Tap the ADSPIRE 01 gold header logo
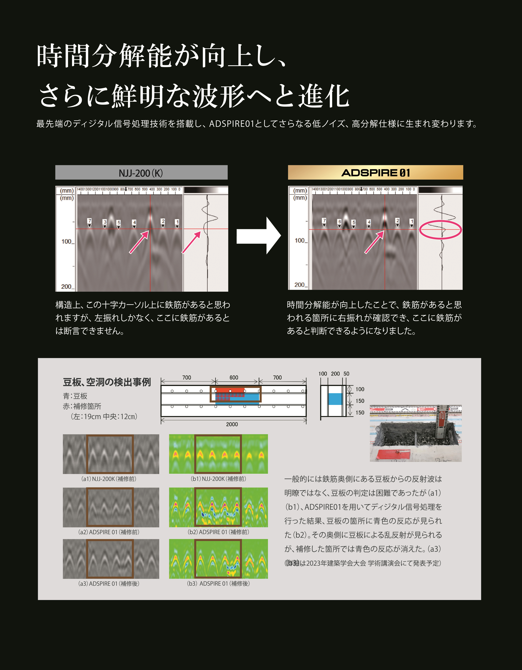(375, 173)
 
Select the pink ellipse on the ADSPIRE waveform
(440, 229)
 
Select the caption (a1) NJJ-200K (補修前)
(109, 479)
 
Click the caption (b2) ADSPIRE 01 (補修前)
(218, 532)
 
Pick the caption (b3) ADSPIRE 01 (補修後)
(218, 583)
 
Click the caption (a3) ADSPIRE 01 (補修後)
(109, 583)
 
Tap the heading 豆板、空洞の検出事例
(107, 382)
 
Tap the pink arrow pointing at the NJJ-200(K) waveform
(191, 242)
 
